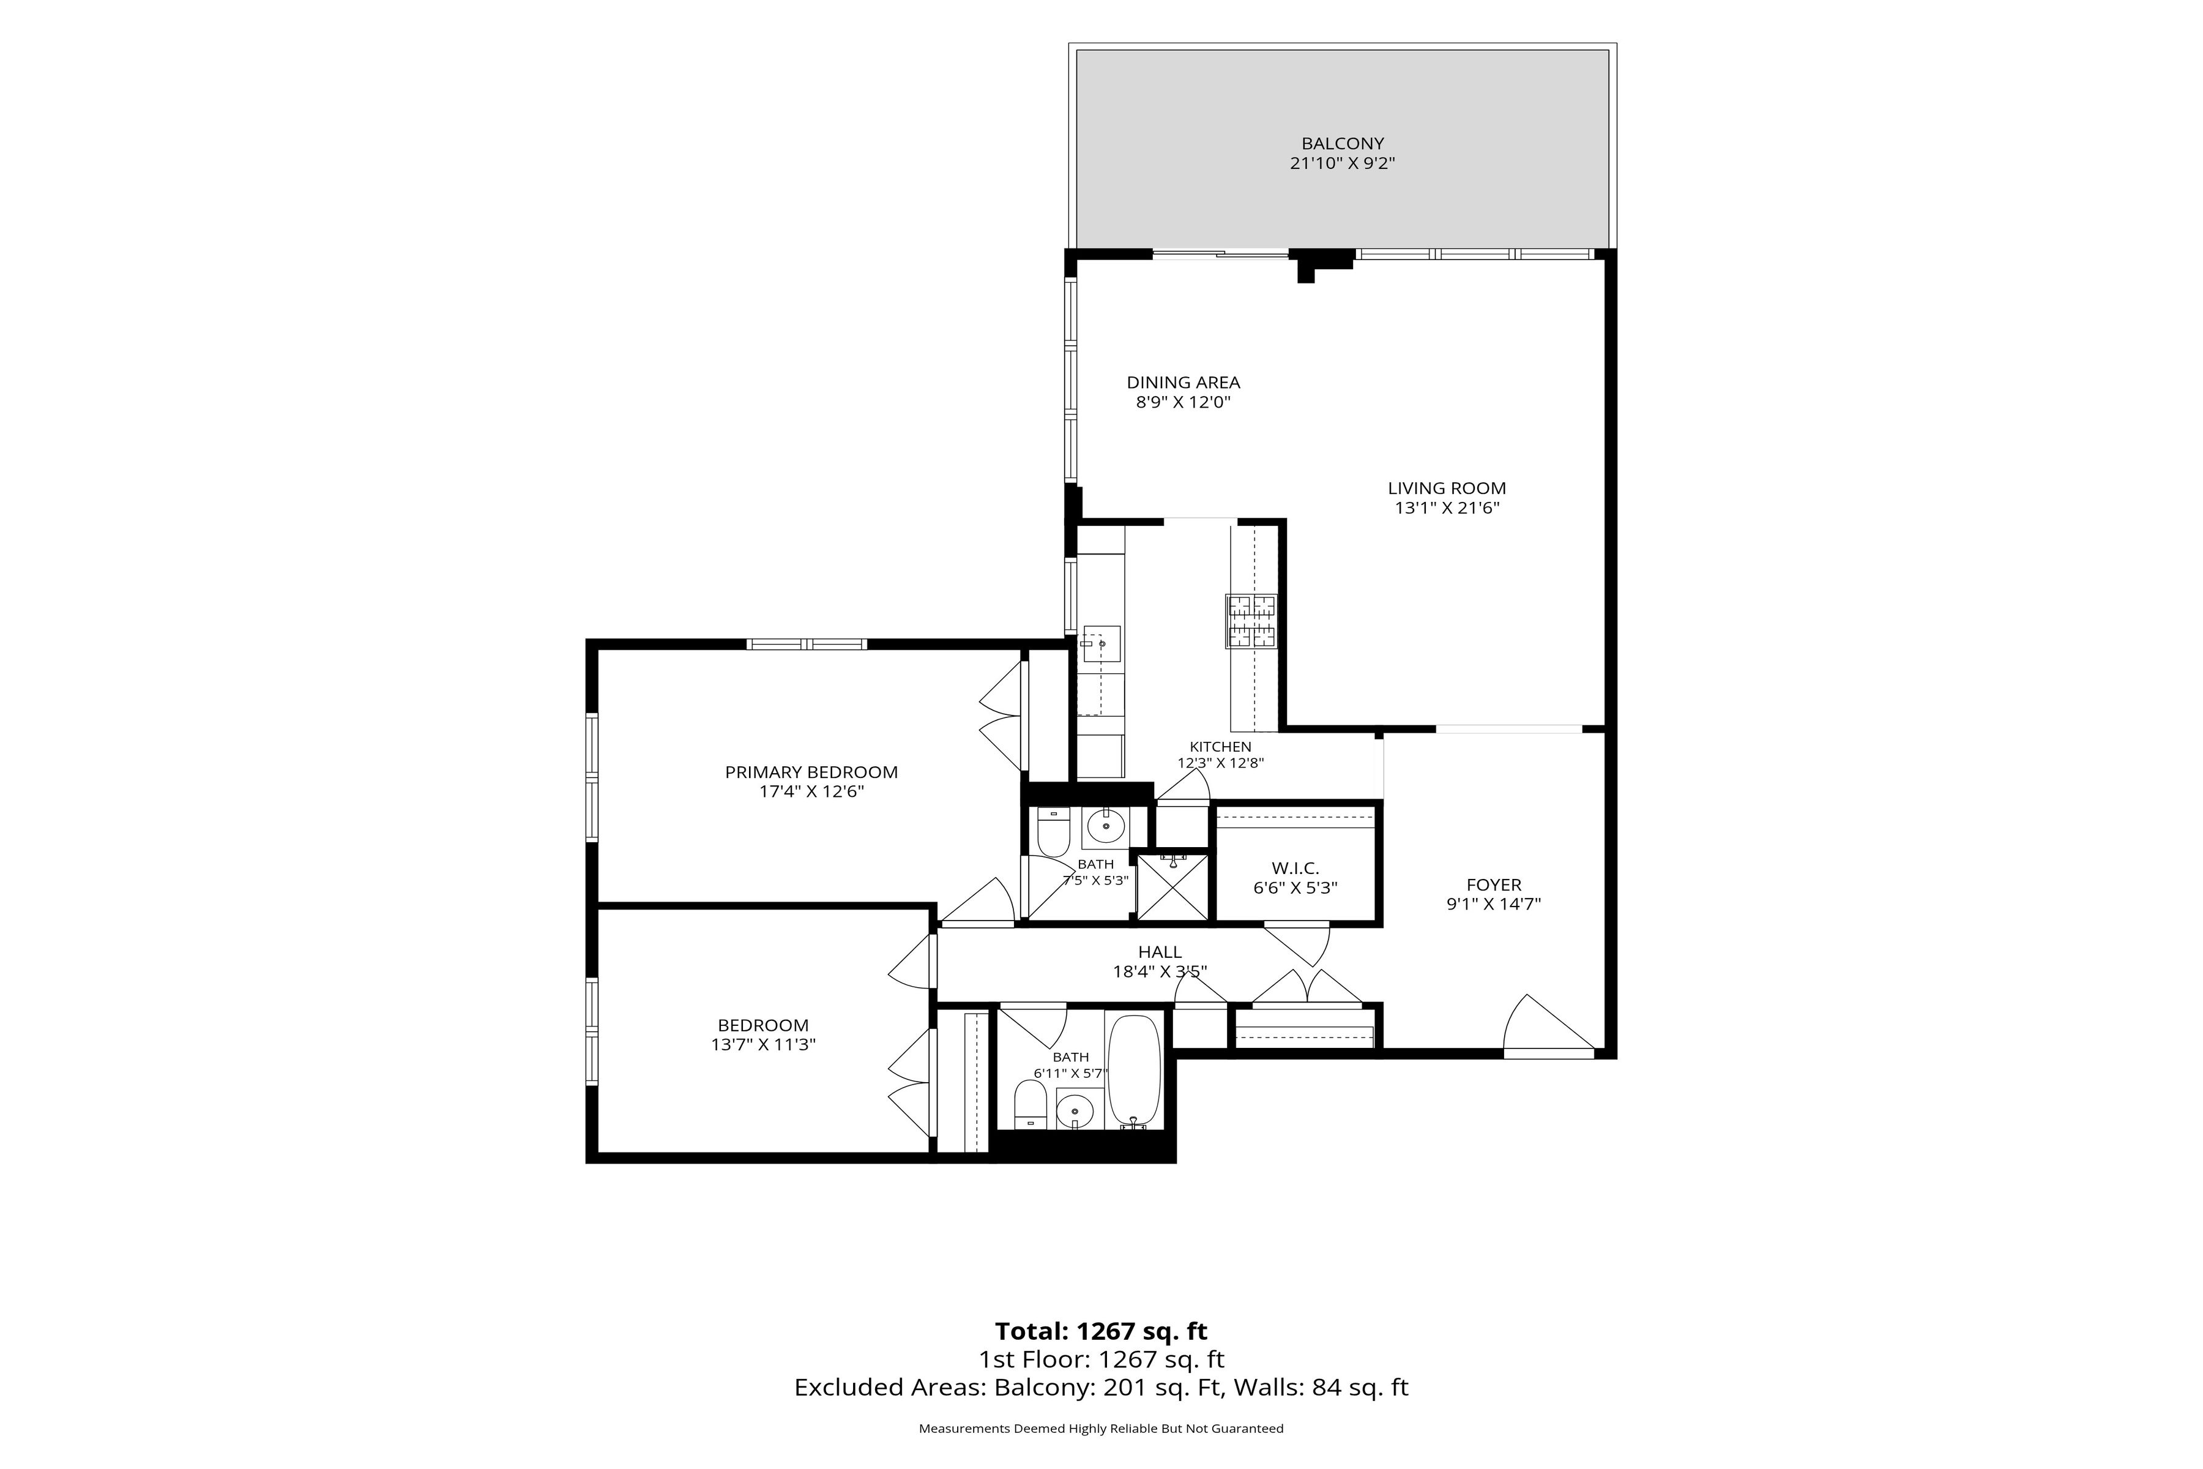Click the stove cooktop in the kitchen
coord(1251,621)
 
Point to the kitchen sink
coord(1100,644)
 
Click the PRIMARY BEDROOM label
coord(811,772)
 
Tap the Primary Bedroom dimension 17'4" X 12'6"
coord(811,791)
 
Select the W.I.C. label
coord(1295,869)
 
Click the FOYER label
coord(1494,884)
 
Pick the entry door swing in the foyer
coord(1548,1023)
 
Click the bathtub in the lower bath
coord(1135,1071)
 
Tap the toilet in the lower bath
coord(1031,1105)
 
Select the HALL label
coord(1160,952)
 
